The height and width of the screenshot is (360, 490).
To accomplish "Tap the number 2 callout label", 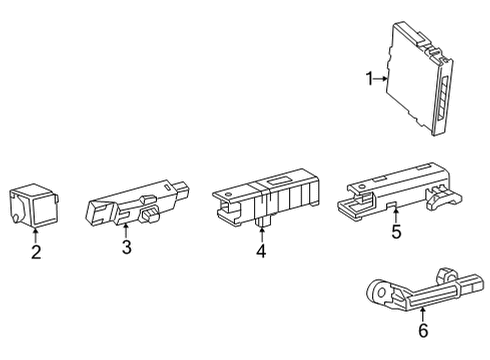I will (36, 252).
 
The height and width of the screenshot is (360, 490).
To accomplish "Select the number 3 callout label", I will (127, 247).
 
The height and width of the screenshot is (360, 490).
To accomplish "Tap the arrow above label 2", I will (36, 233).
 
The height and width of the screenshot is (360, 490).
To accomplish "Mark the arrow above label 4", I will (260, 230).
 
